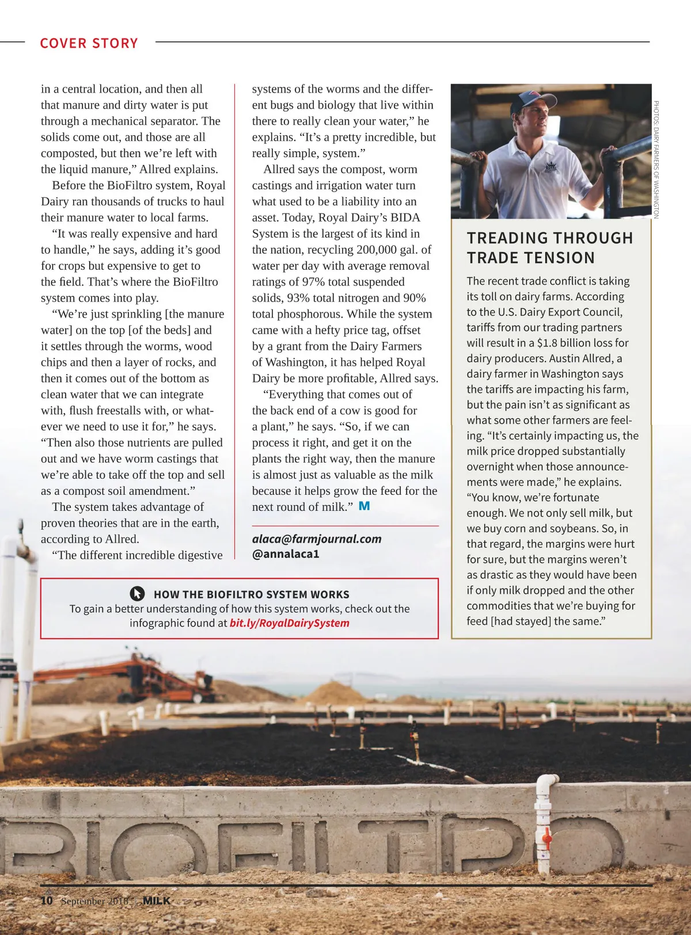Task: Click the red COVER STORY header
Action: (89, 43)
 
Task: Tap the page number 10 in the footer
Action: (47, 900)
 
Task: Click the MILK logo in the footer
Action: (156, 900)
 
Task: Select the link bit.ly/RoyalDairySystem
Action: (289, 623)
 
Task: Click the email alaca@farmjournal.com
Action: (317, 539)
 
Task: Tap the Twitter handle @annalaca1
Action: (286, 554)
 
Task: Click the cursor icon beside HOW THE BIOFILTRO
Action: (137, 594)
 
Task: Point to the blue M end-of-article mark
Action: (364, 506)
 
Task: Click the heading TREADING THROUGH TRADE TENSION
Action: (550, 248)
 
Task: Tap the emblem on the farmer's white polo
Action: (552, 168)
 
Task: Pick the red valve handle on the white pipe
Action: (546, 835)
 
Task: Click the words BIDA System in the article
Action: (403, 218)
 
